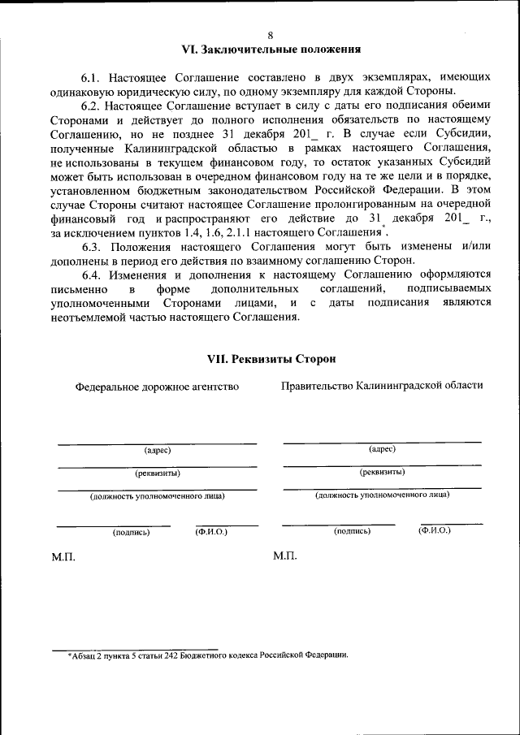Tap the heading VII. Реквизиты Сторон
tap(271, 359)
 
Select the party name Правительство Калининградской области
tap(382, 386)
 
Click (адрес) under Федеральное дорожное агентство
tap(157, 450)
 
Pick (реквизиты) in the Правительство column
tap(382, 472)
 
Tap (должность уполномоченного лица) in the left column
tap(157, 495)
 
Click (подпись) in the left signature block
tap(130, 533)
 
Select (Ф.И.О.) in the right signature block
tap(434, 530)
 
